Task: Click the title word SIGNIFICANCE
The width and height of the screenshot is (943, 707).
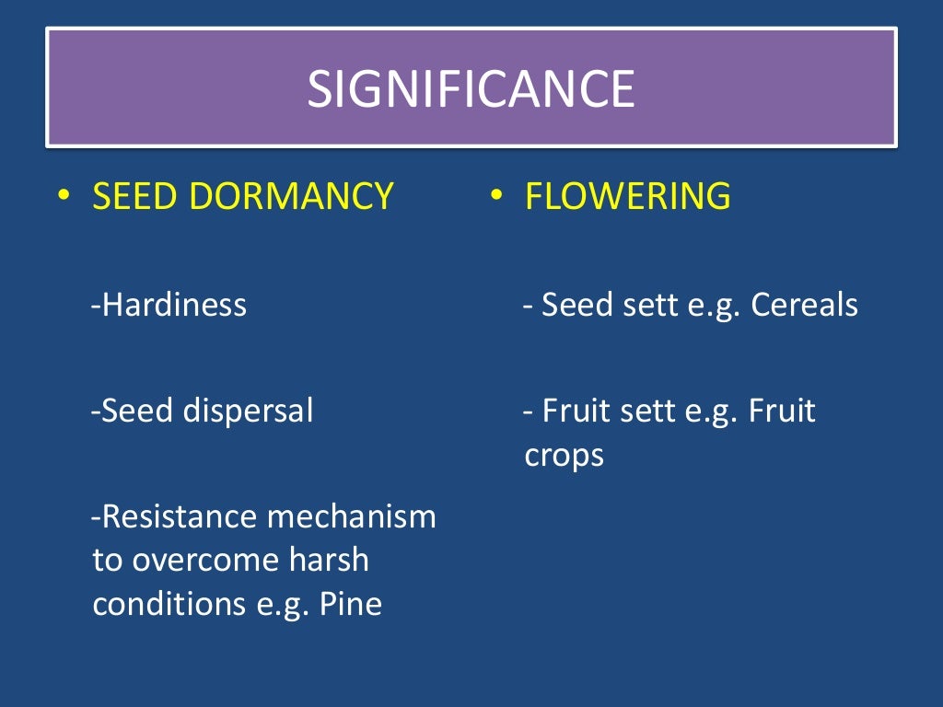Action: point(471,89)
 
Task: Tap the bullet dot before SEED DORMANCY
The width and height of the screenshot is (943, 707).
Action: point(63,195)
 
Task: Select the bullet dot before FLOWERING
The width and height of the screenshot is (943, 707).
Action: point(495,195)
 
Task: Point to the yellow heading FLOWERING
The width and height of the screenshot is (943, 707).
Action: point(627,196)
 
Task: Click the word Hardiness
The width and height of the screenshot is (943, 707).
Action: point(174,305)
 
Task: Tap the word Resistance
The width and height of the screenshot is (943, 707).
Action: point(180,517)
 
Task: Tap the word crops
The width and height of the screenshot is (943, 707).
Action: point(565,455)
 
